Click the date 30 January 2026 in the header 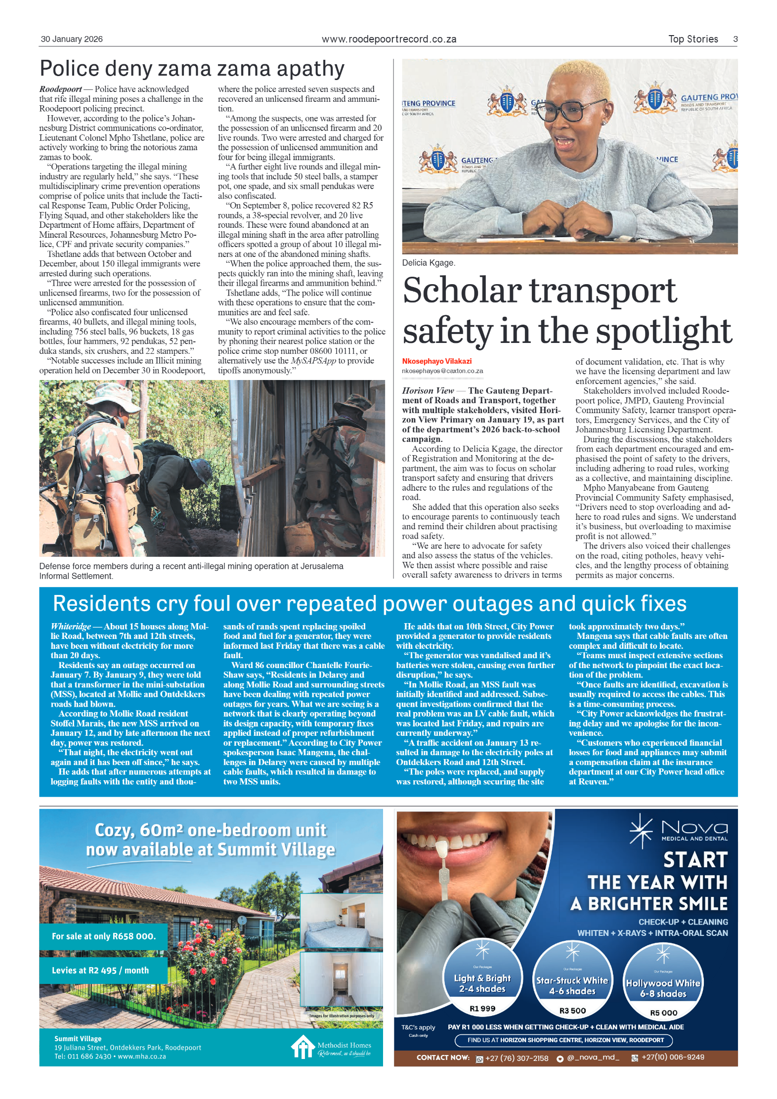tap(72, 39)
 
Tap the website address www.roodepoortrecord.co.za tap(388, 39)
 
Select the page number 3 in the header tap(735, 39)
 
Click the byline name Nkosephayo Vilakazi tap(436, 361)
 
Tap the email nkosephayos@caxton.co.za tap(442, 371)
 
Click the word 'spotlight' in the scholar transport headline tap(663, 331)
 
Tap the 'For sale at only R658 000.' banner tap(104, 936)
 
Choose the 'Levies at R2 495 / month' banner tap(100, 970)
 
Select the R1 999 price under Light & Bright tap(482, 1009)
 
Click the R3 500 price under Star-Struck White tap(572, 1011)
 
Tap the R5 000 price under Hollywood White tap(663, 1013)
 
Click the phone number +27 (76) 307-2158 tap(517, 1058)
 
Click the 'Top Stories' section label tap(692, 39)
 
